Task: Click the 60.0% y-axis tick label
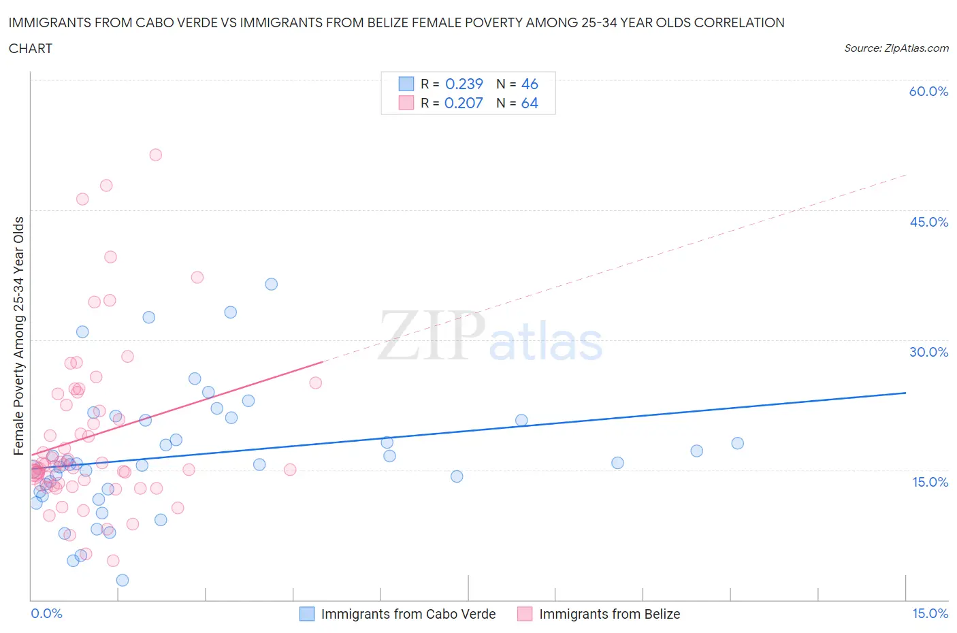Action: (x=928, y=91)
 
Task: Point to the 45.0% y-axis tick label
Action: (x=928, y=222)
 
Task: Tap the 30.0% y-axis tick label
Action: (x=928, y=352)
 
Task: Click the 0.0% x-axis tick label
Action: (x=46, y=613)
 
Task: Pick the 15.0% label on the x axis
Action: (x=930, y=613)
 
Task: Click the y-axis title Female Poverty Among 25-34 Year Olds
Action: (x=18, y=336)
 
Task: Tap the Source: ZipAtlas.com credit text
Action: (x=896, y=48)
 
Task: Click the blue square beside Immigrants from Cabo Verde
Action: (x=307, y=614)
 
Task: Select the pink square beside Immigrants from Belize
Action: (x=525, y=614)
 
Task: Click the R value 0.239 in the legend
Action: (x=464, y=84)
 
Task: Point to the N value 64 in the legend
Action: (x=530, y=103)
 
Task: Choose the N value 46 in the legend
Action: (x=530, y=84)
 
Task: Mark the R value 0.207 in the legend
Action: (x=464, y=103)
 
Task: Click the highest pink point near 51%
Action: (x=155, y=155)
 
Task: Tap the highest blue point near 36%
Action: (x=271, y=284)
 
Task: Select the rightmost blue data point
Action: (x=737, y=443)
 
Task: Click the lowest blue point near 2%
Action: (x=123, y=580)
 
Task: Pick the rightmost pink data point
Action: (x=316, y=383)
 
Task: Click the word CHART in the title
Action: (x=31, y=48)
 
